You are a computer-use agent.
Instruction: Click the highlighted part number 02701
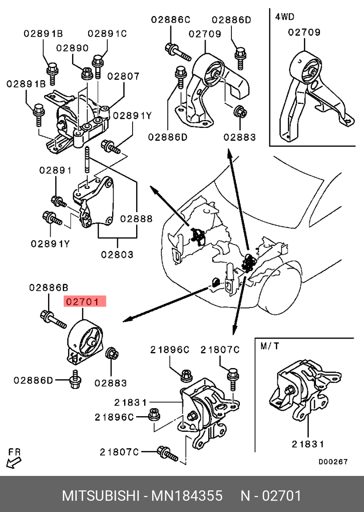tap(85, 302)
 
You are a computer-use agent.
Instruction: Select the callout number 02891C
tap(107, 33)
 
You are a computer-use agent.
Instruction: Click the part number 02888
tap(136, 219)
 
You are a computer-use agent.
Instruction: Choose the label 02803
tap(117, 254)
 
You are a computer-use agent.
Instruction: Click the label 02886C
tap(170, 20)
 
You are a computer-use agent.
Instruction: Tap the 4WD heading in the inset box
tap(285, 17)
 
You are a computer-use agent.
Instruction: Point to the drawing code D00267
tap(332, 462)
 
